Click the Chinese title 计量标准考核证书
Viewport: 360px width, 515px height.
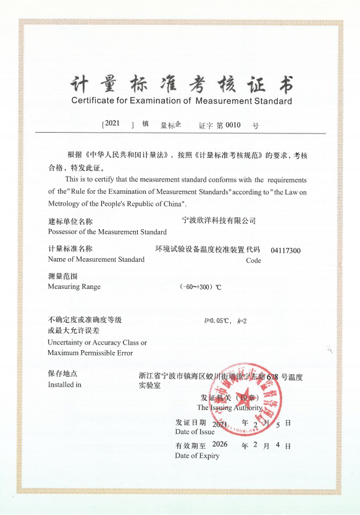point(181,83)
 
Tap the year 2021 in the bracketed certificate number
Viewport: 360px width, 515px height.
point(112,124)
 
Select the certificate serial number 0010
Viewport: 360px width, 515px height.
point(233,125)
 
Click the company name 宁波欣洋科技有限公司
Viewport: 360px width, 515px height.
point(219,220)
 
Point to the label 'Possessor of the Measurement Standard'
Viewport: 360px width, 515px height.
point(107,232)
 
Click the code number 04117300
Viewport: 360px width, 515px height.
point(285,251)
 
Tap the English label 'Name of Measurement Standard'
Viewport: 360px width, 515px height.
point(96,259)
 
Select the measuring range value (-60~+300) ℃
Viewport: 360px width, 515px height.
point(200,287)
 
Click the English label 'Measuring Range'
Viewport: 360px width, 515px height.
point(73,287)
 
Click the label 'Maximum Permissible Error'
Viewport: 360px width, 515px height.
point(90,353)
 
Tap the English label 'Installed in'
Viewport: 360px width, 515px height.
point(64,385)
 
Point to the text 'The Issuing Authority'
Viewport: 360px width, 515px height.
point(230,408)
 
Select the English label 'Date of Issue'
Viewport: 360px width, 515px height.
point(195,432)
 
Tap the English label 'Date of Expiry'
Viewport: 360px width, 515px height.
point(196,456)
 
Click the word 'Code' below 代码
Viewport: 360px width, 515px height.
point(253,261)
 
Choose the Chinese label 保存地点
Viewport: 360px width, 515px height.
point(62,374)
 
